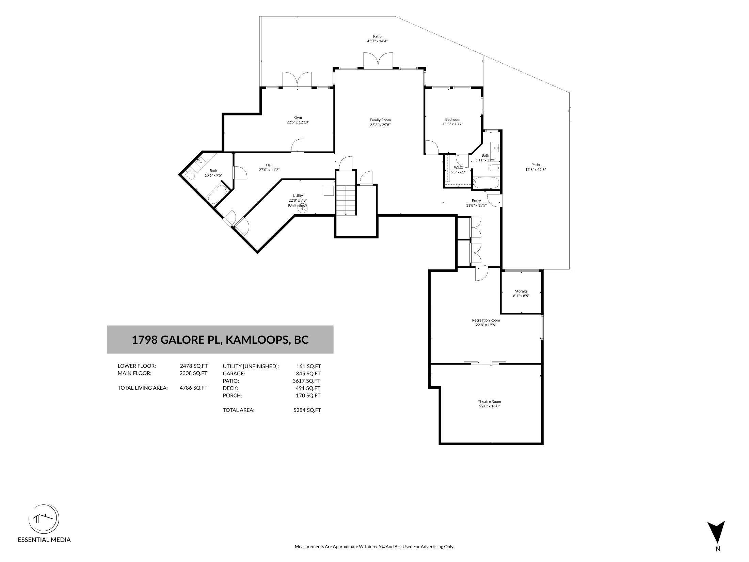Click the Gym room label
[298, 118]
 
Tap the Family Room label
[380, 120]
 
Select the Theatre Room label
[489, 402]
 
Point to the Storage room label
[521, 291]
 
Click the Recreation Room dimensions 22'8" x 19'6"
[486, 325]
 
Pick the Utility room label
[298, 196]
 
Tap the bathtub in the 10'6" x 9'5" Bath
[218, 194]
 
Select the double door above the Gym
[297, 80]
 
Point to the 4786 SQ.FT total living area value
[193, 388]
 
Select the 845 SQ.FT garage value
[309, 373]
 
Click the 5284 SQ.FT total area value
[307, 410]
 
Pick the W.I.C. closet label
[458, 168]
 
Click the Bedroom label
[453, 119]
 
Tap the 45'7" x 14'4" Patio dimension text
[377, 41]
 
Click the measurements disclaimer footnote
[374, 556]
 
